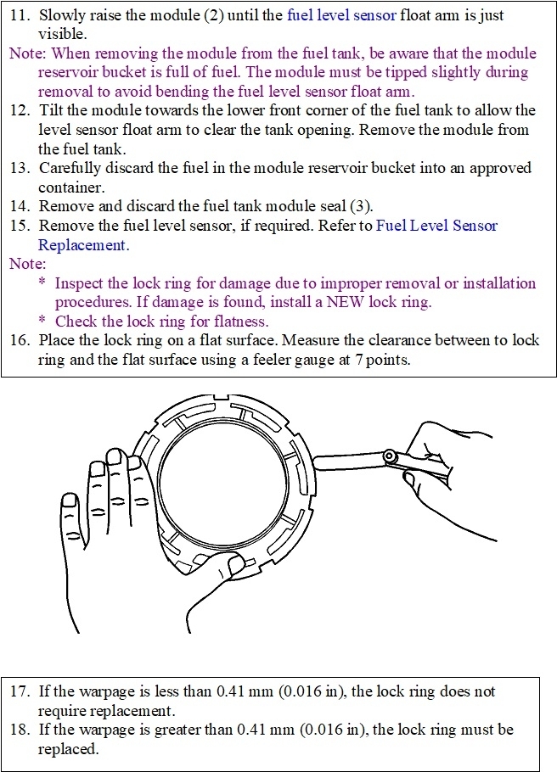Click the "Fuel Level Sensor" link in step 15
click(436, 226)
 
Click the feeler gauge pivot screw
click(391, 457)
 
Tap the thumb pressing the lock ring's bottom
click(229, 563)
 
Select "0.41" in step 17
click(232, 691)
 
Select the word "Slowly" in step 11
click(62, 15)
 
